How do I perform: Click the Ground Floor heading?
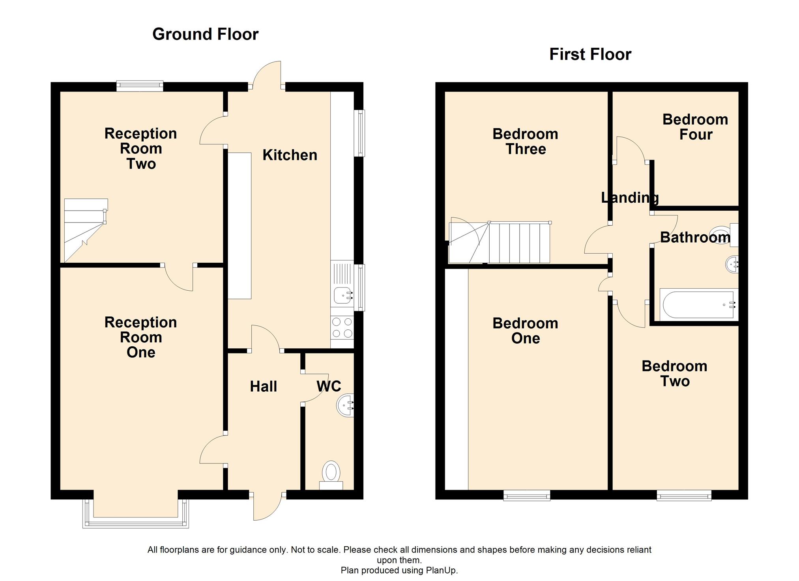tap(205, 34)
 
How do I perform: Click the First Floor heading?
tap(590, 54)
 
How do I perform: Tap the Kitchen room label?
tap(290, 155)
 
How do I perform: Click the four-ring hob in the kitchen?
tap(342, 327)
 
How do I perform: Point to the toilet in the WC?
tap(331, 475)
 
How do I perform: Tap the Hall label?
tap(264, 387)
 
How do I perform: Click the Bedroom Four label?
tap(695, 127)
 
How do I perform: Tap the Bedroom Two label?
tap(675, 374)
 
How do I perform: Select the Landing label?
tap(630, 198)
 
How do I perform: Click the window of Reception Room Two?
tap(140, 86)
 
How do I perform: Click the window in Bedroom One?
tap(527, 495)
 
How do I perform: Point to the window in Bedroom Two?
tap(684, 495)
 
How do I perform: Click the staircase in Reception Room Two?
tap(86, 230)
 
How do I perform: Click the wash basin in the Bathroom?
tap(732, 264)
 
